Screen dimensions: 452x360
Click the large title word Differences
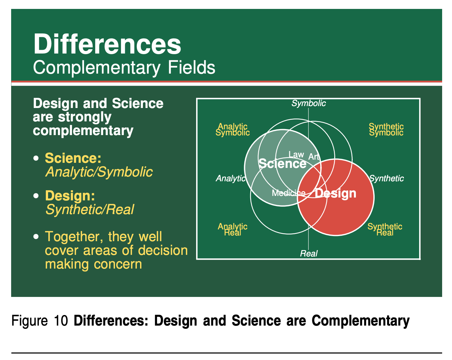pos(107,44)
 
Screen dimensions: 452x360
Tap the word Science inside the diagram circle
pos(282,163)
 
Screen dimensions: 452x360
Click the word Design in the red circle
pos(335,194)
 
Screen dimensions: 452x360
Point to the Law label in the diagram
pos(296,154)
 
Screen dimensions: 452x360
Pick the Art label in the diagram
pos(314,157)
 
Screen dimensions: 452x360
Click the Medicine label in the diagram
pos(288,193)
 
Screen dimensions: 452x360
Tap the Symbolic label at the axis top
pos(308,103)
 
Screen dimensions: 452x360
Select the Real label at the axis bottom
pos(308,253)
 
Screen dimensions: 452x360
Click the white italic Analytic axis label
pos(231,178)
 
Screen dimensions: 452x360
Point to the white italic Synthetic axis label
pos(386,178)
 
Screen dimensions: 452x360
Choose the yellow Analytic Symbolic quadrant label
pos(232,130)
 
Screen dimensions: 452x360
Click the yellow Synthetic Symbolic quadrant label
pos(386,130)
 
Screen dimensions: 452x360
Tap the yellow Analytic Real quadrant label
pos(232,229)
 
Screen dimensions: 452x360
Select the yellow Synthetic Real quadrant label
pos(385,229)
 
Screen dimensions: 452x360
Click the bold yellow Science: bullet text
pos(73,158)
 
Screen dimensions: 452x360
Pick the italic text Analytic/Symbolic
pos(99,172)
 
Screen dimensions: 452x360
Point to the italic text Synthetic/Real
pos(90,210)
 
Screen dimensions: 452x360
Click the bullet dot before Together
pos(36,236)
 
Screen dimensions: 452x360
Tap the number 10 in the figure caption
pos(61,321)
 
